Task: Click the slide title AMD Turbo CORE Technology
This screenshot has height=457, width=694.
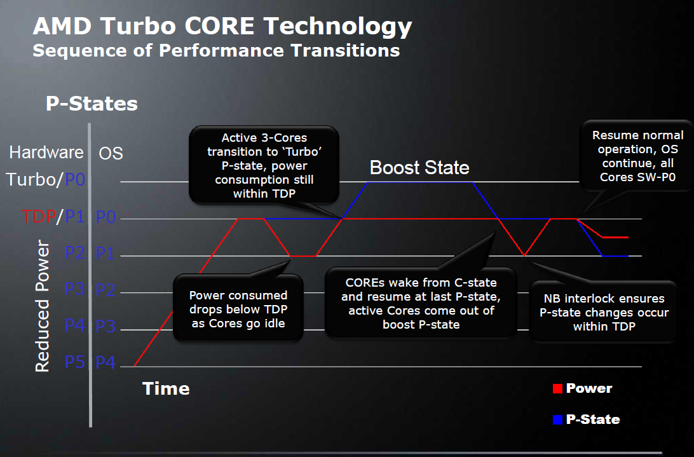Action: pyautogui.click(x=222, y=27)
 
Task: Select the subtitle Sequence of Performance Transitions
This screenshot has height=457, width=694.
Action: pyautogui.click(x=216, y=51)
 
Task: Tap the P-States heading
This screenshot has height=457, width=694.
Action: pyautogui.click(x=92, y=104)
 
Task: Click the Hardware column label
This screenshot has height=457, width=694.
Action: pyautogui.click(x=46, y=153)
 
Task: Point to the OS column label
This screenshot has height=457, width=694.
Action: pyautogui.click(x=111, y=153)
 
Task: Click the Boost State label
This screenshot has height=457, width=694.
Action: pyautogui.click(x=419, y=168)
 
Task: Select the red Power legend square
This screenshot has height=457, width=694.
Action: pyautogui.click(x=557, y=389)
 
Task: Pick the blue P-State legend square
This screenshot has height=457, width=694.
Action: pyautogui.click(x=557, y=419)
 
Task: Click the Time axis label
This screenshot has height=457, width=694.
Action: pyautogui.click(x=165, y=388)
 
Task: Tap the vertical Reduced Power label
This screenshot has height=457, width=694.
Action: pyautogui.click(x=42, y=306)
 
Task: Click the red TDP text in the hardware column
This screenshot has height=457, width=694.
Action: pyautogui.click(x=38, y=217)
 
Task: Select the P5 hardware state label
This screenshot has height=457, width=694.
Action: pyautogui.click(x=75, y=362)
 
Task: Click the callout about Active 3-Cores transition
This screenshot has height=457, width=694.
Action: pyautogui.click(x=264, y=165)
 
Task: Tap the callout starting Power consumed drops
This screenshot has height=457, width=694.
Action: pyautogui.click(x=238, y=310)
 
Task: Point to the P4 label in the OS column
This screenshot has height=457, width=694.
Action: pyautogui.click(x=106, y=362)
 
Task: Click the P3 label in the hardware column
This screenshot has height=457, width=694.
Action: pyautogui.click(x=75, y=289)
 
